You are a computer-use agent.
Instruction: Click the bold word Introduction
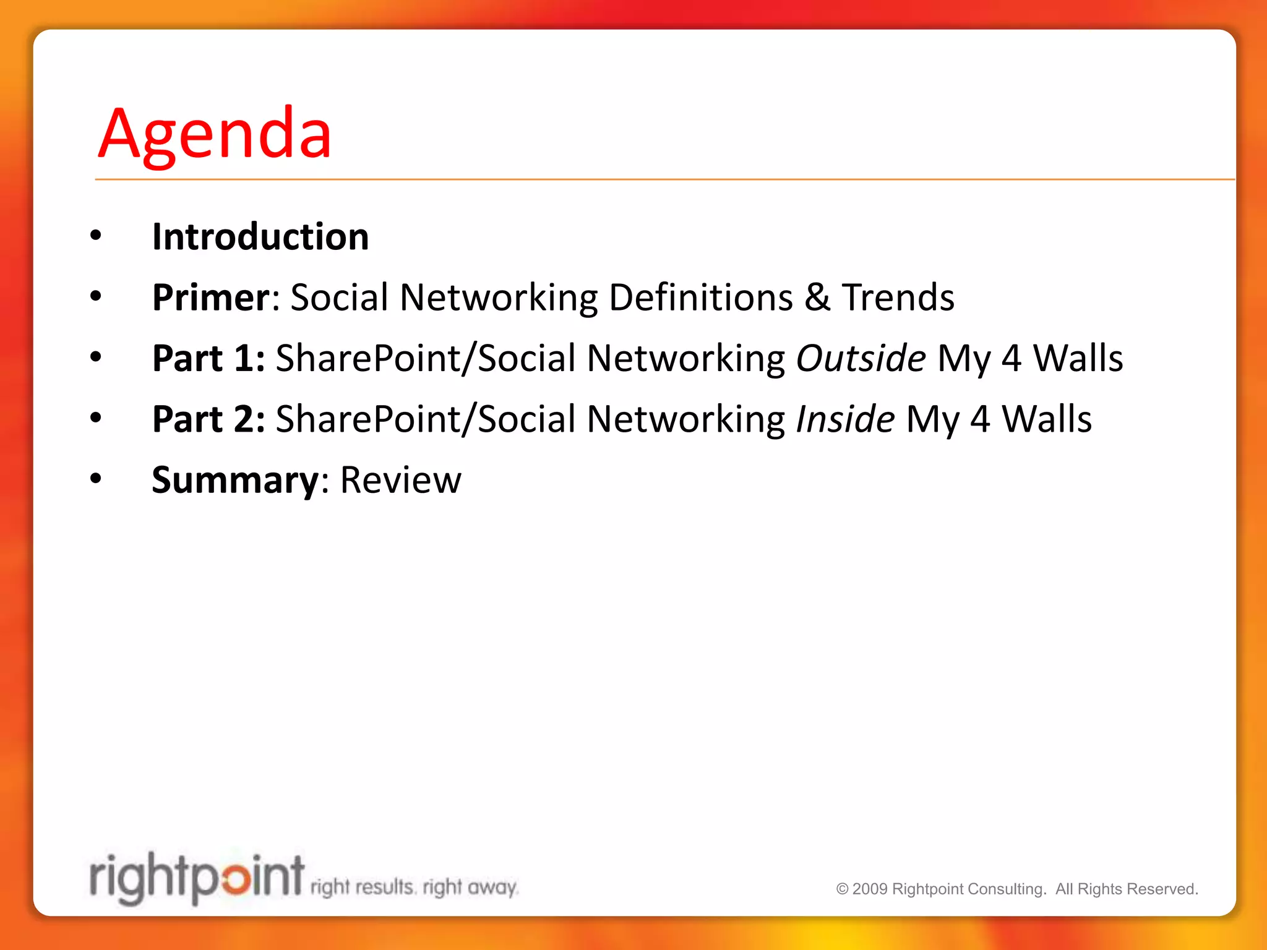(260, 237)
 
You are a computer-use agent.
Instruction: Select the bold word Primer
(211, 297)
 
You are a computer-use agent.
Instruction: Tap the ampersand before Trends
(817, 297)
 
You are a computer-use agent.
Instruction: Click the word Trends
(898, 297)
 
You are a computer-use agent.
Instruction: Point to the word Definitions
(700, 297)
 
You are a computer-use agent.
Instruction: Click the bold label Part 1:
(208, 358)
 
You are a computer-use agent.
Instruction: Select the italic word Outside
(861, 358)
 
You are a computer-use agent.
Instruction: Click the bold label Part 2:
(208, 419)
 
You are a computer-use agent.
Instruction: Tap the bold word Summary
(235, 480)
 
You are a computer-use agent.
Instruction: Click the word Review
(400, 480)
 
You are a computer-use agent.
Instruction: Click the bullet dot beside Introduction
(95, 235)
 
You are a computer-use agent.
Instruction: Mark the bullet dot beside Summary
(95, 478)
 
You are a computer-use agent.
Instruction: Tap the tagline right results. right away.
(414, 888)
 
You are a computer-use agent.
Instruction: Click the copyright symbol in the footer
(842, 889)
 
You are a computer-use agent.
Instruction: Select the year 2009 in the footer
(870, 889)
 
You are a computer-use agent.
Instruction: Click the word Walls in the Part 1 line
(1078, 358)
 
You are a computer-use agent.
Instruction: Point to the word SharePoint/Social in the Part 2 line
(426, 419)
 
